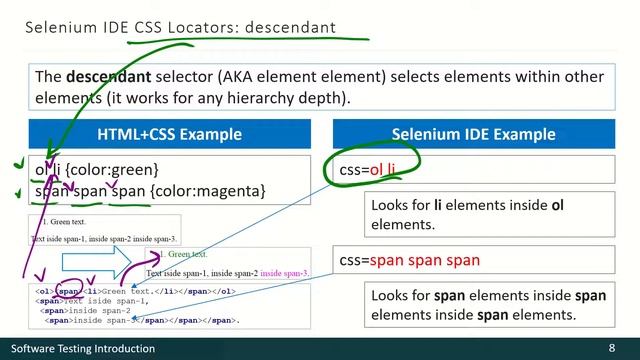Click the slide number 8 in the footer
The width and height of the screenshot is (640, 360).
pos(611,348)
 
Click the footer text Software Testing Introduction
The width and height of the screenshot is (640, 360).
pos(83,348)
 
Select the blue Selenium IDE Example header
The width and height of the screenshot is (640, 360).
pos(473,134)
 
